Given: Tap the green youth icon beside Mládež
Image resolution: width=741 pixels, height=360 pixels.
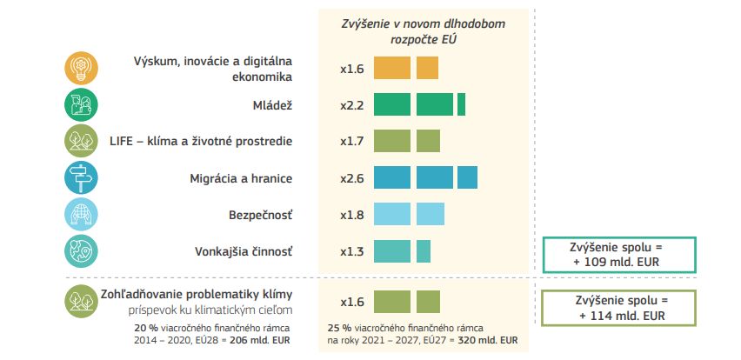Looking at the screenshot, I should pos(80,104).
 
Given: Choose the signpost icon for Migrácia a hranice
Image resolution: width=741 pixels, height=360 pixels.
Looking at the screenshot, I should pos(80,177).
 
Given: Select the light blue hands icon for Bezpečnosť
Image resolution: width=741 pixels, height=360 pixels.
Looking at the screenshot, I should pos(80,215).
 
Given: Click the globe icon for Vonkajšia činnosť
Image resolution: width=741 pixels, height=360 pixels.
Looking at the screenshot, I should pos(80,251).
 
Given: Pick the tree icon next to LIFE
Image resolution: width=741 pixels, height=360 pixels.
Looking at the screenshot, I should pos(80,141).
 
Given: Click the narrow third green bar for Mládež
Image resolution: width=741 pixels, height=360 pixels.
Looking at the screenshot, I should pos(462,104).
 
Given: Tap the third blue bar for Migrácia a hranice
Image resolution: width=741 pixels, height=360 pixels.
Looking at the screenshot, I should pos(467,177).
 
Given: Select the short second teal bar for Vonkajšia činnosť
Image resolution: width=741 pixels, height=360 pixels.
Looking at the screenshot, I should pos(424,251).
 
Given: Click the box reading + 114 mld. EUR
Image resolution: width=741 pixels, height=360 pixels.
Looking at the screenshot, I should pos(617,307).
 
